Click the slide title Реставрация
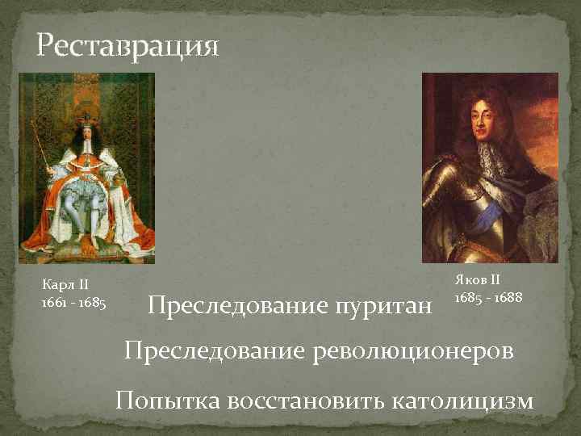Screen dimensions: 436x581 (127, 45)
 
